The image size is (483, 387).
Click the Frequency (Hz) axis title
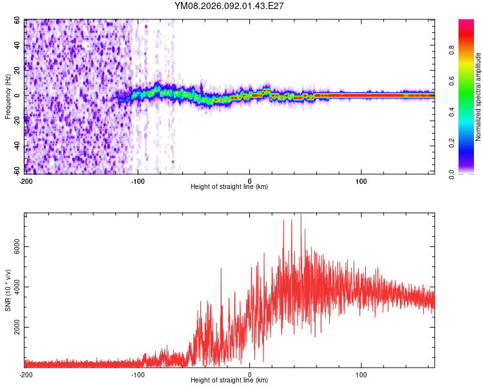click(8, 96)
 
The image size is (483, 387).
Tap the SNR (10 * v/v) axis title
click(8, 290)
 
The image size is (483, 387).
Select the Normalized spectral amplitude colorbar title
click(478, 97)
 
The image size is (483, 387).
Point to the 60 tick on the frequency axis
click(17, 21)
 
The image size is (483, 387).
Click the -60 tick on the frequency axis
click(16, 170)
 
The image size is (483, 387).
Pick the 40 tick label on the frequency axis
click(17, 46)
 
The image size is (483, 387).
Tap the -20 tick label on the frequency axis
click(16, 121)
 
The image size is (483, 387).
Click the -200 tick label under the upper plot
click(26, 181)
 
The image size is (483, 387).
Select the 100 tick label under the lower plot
click(361, 374)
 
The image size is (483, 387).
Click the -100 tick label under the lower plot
click(138, 374)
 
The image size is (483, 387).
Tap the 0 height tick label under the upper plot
click(250, 181)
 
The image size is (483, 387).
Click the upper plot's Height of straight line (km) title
click(229, 187)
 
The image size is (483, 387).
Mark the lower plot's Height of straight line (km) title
click(229, 381)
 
